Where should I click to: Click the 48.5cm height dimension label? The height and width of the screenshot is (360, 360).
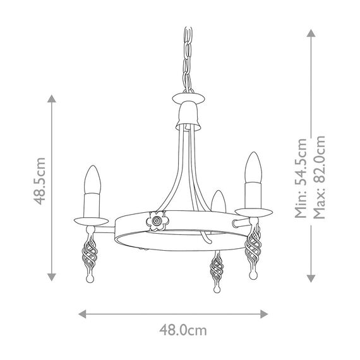click(x=40, y=188)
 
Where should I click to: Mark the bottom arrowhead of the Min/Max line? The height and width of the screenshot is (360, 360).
click(x=310, y=275)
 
